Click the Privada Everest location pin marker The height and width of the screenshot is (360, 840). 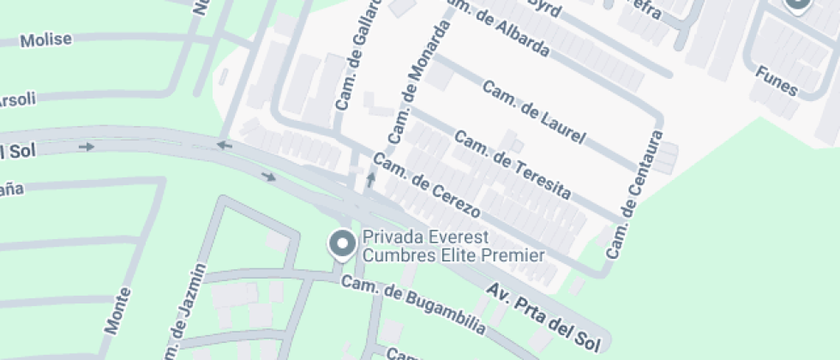(344, 245)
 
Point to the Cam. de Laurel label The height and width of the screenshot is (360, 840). (534, 111)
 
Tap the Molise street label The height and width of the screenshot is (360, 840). (46, 40)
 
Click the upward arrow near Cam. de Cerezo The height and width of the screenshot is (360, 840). (371, 180)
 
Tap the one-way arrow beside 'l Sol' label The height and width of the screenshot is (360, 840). (86, 147)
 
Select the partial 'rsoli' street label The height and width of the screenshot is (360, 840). (17, 99)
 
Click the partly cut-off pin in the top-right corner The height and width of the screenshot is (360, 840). (798, 5)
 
